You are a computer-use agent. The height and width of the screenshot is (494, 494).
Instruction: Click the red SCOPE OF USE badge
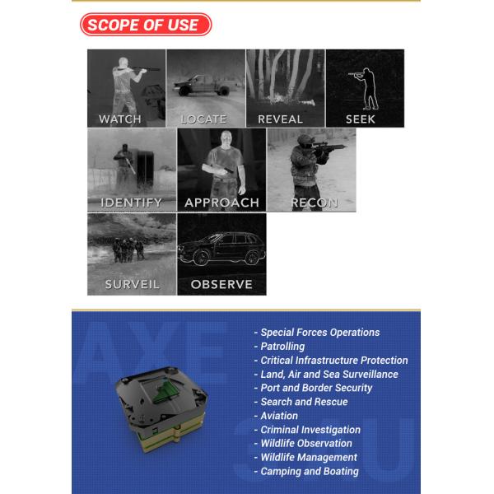[x=146, y=25]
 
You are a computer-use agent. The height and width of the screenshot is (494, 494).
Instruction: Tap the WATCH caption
[x=119, y=119]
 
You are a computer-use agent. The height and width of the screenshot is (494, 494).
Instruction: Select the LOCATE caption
[x=203, y=119]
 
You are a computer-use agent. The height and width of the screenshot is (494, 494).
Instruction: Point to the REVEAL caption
[x=280, y=119]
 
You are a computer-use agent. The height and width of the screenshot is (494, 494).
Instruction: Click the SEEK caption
[x=361, y=119]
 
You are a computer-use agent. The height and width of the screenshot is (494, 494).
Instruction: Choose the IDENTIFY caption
[x=131, y=203]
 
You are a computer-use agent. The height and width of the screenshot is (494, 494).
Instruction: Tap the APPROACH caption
[x=221, y=203]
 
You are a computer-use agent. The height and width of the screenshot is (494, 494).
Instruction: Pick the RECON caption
[x=315, y=203]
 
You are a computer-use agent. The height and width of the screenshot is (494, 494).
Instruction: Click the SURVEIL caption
[x=132, y=284]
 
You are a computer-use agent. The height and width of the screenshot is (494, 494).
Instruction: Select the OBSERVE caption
[x=221, y=284]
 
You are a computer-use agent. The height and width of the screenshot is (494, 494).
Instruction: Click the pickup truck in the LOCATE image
[x=203, y=85]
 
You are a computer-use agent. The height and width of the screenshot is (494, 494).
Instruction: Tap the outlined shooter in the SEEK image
[x=366, y=89]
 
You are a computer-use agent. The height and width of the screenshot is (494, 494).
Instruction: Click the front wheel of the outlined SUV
[x=202, y=257]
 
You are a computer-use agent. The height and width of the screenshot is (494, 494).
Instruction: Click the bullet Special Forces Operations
[x=317, y=333]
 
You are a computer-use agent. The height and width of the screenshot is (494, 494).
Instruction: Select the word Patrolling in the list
[x=282, y=347]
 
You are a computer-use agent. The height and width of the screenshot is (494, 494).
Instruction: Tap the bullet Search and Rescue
[x=301, y=402]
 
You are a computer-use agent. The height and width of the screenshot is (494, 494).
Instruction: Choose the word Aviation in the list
[x=279, y=416]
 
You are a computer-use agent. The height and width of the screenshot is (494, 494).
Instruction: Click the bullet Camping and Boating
[x=306, y=471]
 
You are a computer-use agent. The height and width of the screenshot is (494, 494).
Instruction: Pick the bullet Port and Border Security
[x=313, y=388]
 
